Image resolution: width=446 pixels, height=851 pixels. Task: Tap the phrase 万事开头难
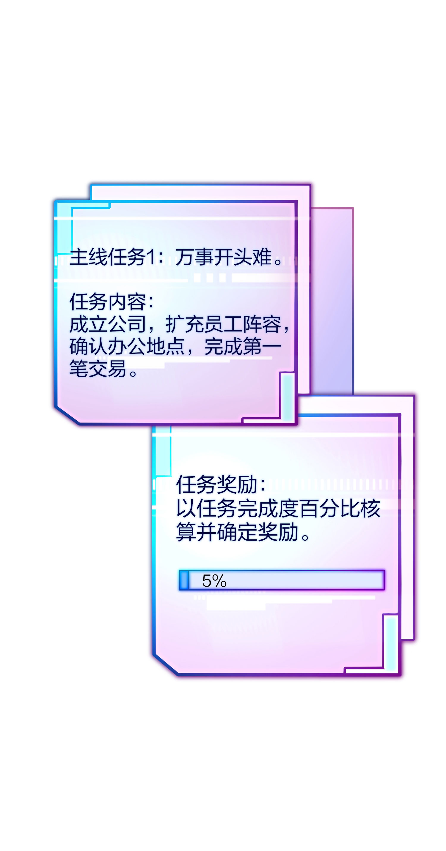pyautogui.click(x=223, y=257)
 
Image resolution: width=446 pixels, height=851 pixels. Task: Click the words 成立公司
pyautogui.click(x=107, y=324)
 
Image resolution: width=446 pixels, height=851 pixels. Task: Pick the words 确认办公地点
pyautogui.click(x=127, y=347)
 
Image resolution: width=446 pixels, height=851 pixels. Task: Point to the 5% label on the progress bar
pyautogui.click(x=214, y=580)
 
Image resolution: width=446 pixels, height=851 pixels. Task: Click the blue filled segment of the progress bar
pyautogui.click(x=184, y=580)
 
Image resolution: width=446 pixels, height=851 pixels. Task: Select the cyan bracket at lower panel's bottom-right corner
pyautogui.click(x=390, y=645)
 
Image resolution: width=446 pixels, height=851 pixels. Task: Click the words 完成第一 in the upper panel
pyautogui.click(x=243, y=347)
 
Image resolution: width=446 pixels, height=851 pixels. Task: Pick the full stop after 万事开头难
pyautogui.click(x=279, y=262)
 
